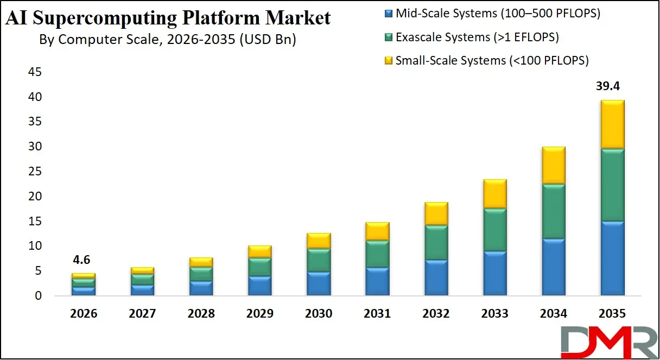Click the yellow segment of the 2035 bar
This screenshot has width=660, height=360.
pos(612,124)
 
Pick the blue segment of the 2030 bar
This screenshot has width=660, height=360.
pos(319,283)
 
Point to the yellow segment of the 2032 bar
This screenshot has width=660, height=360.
pos(436,213)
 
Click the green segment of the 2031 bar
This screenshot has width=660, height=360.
pos(377,254)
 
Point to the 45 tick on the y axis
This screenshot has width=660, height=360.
pos(35,72)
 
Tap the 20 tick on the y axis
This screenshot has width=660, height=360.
pos(35,197)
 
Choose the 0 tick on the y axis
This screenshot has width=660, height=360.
pos(38,296)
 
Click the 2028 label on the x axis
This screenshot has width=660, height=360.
pos(201,314)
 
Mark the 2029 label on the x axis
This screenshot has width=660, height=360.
pos(260,314)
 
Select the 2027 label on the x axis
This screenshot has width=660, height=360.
pos(143,314)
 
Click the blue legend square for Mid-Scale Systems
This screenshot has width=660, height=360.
pos(388,14)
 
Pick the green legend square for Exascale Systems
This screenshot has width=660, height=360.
pos(388,37)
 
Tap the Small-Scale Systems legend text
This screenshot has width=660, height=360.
pos(492,60)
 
